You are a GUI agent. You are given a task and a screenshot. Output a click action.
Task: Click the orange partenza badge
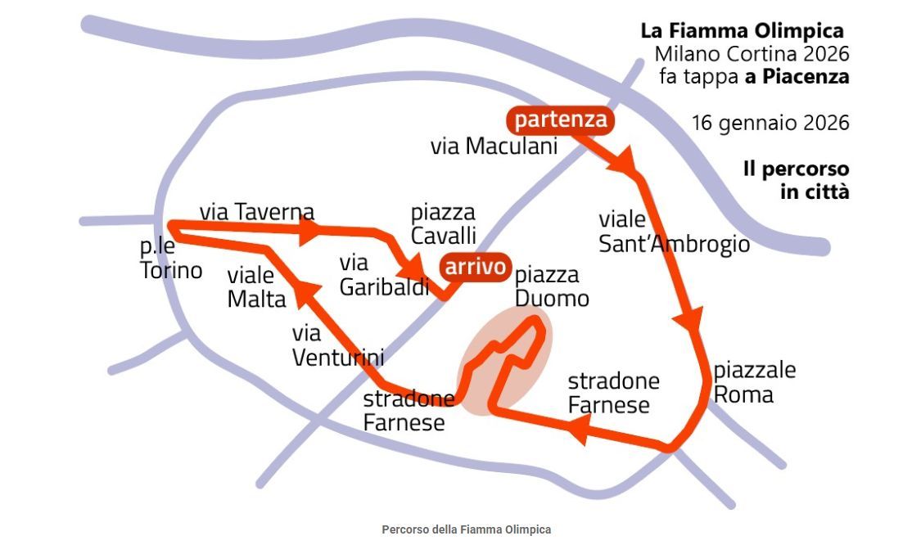pos(561,120)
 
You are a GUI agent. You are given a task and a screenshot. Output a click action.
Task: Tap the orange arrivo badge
pos(475,267)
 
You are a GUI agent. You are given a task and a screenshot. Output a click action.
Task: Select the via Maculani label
pos(494,146)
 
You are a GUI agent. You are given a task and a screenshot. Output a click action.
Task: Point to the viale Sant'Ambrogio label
pos(674,232)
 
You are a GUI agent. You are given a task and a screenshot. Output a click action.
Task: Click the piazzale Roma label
pos(754,382)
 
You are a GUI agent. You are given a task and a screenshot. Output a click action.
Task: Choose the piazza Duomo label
pos(552,286)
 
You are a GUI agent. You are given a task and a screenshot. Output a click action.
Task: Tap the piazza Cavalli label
pos(443,224)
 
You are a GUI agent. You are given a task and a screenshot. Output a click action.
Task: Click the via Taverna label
pos(256,212)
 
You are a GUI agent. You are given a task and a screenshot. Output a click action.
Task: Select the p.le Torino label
pos(171,259)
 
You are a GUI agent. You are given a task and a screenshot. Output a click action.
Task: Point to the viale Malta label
pos(256,286)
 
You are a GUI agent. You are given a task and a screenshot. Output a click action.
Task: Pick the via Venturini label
pos(337,345)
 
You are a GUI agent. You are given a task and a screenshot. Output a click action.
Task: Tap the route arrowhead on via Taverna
pos(308,232)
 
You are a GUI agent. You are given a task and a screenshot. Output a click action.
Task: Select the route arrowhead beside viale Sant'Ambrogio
pos(693,318)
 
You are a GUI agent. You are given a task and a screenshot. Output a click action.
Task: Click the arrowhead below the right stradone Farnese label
pos(579,428)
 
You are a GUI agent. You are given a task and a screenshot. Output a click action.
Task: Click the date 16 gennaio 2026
pos(770,124)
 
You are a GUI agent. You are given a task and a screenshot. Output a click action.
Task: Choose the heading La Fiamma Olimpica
pos(742,31)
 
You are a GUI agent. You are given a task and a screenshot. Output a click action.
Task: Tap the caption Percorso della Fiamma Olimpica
pos(467,529)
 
